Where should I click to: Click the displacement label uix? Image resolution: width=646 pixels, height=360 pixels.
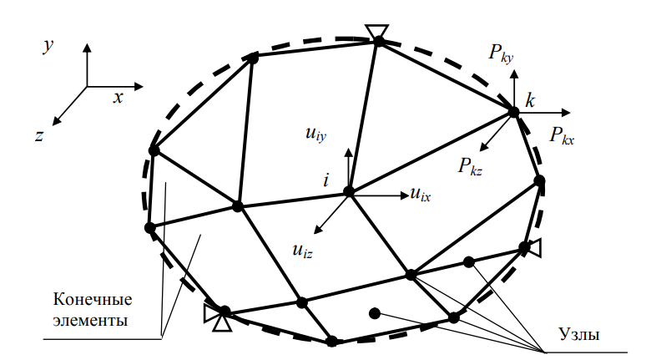[x=420, y=195]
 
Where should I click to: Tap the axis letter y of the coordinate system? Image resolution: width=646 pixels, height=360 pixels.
[x=48, y=47]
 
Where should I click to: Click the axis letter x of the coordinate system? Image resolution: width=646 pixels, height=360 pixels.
[x=119, y=98]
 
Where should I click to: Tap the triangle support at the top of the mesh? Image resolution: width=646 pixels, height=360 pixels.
[x=378, y=32]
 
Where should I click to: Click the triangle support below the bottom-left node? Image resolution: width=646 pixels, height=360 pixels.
[x=221, y=322]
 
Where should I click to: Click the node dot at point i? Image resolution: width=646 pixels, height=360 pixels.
[x=349, y=192]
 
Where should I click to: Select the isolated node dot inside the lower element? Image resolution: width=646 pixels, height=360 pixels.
[x=375, y=313]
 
